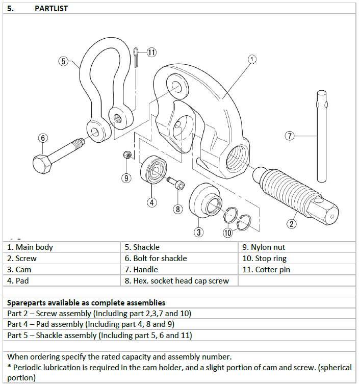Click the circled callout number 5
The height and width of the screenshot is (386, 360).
(x=63, y=61)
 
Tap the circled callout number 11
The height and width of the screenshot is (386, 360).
(x=151, y=52)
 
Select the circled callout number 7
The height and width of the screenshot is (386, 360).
(x=290, y=136)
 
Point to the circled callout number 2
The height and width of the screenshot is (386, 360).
(x=292, y=224)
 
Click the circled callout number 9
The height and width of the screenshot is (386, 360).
(x=126, y=178)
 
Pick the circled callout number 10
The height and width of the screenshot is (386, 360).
(x=228, y=233)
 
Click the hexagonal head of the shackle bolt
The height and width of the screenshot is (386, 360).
(x=42, y=164)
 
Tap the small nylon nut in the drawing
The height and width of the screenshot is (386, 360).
(x=127, y=155)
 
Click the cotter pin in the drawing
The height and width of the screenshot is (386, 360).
(x=136, y=57)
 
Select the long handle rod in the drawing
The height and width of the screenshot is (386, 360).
(x=322, y=136)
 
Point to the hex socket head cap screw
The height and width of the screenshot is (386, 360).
(x=176, y=183)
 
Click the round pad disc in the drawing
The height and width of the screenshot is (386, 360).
(x=153, y=169)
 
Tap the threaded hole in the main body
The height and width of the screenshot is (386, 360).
(x=236, y=159)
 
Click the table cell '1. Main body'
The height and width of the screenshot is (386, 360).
(x=61, y=247)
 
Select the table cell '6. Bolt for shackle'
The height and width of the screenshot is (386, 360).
(x=179, y=259)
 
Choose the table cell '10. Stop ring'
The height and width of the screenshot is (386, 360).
(x=297, y=259)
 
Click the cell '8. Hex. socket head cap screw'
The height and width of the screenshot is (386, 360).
(x=179, y=280)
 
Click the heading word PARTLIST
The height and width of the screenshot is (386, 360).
(x=51, y=9)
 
